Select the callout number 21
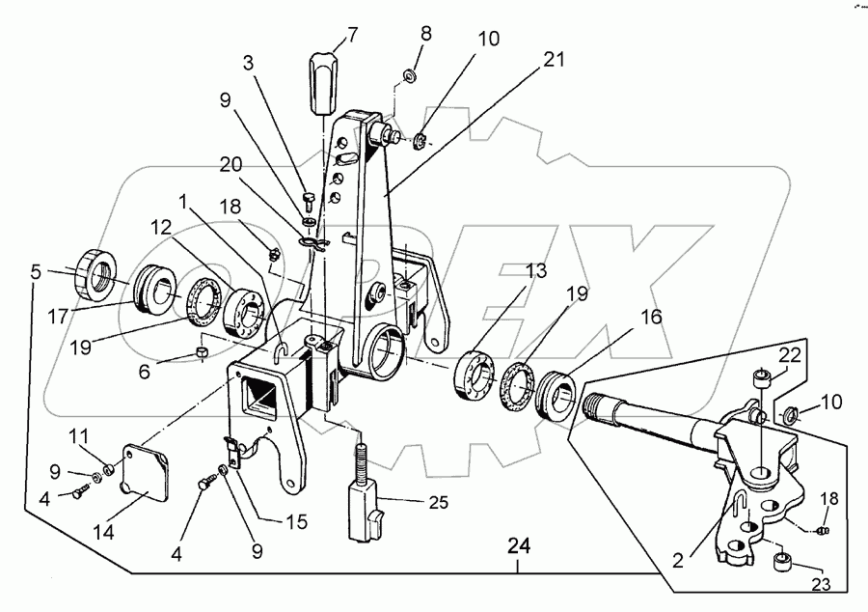click(x=551, y=60)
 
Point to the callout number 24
click(x=519, y=547)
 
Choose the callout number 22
click(x=790, y=356)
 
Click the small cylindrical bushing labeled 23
click(x=783, y=560)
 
